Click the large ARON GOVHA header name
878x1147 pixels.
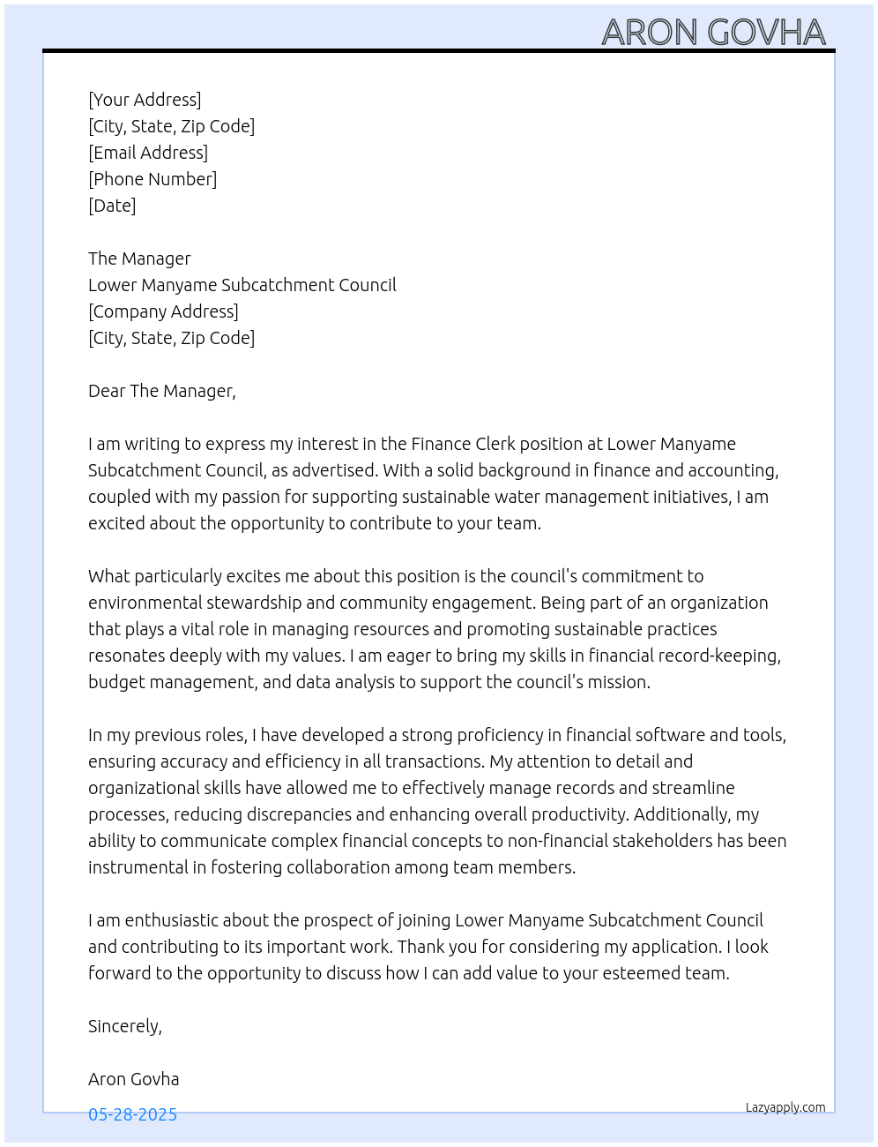click(x=713, y=33)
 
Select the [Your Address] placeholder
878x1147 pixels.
click(x=145, y=100)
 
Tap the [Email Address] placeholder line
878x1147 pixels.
click(x=148, y=153)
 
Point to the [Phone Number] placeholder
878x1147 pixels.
click(x=153, y=179)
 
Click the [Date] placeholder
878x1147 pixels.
click(x=112, y=206)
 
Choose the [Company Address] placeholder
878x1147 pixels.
click(x=163, y=311)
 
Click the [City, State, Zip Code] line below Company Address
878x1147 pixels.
click(x=171, y=338)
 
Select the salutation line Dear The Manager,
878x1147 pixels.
click(x=162, y=391)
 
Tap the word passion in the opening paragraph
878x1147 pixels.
click(x=250, y=497)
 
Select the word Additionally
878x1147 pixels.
click(x=682, y=814)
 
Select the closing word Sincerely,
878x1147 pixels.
click(x=125, y=1026)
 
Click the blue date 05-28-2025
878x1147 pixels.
click(x=132, y=1114)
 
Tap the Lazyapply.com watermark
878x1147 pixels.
click(x=785, y=1107)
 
